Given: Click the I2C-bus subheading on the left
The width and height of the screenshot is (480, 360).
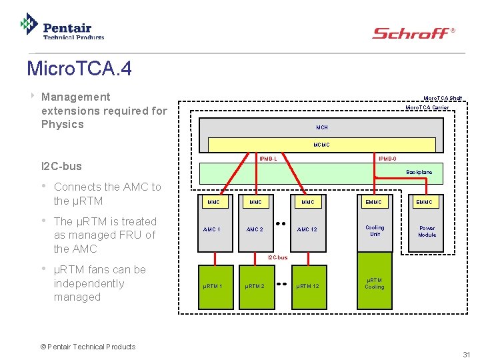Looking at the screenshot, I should click(x=63, y=166).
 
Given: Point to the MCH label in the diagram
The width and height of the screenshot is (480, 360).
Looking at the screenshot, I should click(x=322, y=127).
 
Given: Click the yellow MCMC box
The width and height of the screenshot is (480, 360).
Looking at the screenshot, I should click(x=322, y=145).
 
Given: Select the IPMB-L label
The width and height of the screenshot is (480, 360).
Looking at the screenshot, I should click(x=268, y=159).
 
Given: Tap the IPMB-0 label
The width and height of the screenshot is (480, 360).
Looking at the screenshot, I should click(x=387, y=159).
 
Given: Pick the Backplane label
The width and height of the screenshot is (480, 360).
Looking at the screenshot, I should click(x=419, y=172).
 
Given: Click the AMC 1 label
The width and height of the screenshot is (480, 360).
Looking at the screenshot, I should click(x=211, y=229).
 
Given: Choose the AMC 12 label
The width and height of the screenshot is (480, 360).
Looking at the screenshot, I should click(x=307, y=229).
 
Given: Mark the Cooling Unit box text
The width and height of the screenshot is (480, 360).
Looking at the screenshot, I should click(x=375, y=231).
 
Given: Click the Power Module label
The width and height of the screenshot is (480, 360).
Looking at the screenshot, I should click(x=427, y=231).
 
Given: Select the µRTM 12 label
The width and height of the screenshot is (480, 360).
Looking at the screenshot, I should click(x=307, y=287).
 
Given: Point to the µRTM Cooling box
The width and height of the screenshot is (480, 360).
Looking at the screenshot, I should click(x=375, y=283).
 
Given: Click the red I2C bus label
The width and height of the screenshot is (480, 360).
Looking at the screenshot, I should click(x=277, y=257).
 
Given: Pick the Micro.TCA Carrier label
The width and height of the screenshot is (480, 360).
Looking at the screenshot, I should click(x=427, y=107).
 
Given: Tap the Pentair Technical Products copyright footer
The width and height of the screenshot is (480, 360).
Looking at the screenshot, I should click(x=87, y=347).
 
